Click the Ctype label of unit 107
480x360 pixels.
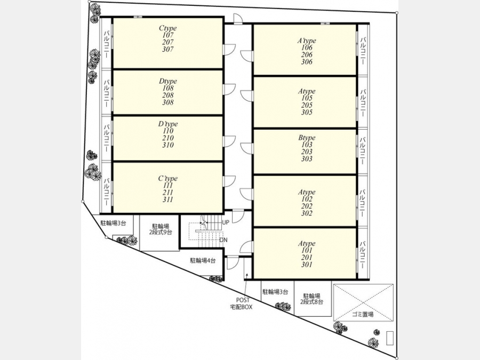[168, 28]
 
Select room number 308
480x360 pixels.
[168, 102]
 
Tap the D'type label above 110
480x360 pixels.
[168, 124]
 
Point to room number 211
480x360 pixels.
[168, 192]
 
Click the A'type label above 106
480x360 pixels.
[307, 41]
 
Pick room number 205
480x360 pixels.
[307, 105]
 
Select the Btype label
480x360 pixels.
[307, 138]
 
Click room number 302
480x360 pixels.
[307, 213]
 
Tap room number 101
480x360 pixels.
[307, 251]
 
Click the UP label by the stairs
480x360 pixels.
[226, 222]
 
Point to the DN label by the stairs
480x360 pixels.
[223, 240]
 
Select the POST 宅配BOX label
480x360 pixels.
[242, 303]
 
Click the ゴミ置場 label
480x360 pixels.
[363, 314]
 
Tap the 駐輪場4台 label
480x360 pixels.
[203, 260]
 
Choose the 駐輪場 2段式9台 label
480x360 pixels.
[161, 229]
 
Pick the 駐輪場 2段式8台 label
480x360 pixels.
[311, 299]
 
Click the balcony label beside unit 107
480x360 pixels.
[107, 44]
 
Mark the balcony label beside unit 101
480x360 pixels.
[363, 255]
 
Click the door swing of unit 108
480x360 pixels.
[229, 90]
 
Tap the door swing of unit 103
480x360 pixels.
[247, 148]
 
